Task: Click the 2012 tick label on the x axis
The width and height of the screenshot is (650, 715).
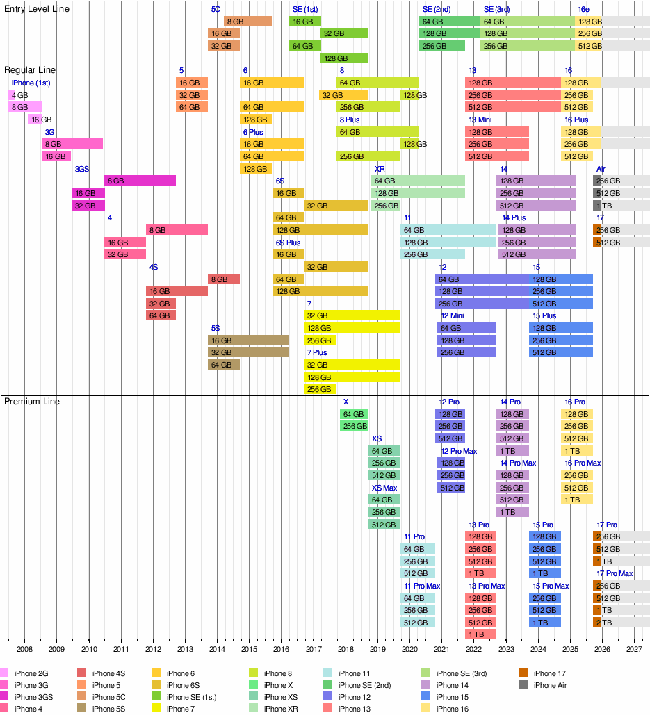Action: pyautogui.click(x=153, y=649)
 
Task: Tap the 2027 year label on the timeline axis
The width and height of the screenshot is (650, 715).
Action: pyautogui.click(x=634, y=649)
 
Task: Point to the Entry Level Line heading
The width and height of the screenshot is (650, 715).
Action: pyautogui.click(x=37, y=8)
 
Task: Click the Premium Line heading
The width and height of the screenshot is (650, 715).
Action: pyautogui.click(x=32, y=401)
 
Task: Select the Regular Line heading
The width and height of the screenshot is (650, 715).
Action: pyautogui.click(x=30, y=70)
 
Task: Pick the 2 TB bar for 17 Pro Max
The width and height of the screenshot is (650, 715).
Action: pyautogui.click(x=596, y=622)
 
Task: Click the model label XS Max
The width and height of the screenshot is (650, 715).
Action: pyautogui.click(x=384, y=488)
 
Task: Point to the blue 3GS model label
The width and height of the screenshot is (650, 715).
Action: pyautogui.click(x=82, y=169)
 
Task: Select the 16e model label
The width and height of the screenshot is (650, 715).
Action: pyautogui.click(x=584, y=9)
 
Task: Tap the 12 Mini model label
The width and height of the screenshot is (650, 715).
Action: pyautogui.click(x=453, y=316)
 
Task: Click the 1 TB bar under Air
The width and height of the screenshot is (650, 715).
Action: pyautogui.click(x=596, y=206)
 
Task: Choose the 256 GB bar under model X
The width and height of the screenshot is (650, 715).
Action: pyautogui.click(x=354, y=426)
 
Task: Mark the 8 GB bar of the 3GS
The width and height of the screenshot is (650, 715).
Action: pyautogui.click(x=140, y=181)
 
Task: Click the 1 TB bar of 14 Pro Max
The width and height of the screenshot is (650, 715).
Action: pyautogui.click(x=512, y=512)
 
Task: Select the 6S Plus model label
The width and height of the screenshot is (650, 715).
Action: pyautogui.click(x=289, y=243)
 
